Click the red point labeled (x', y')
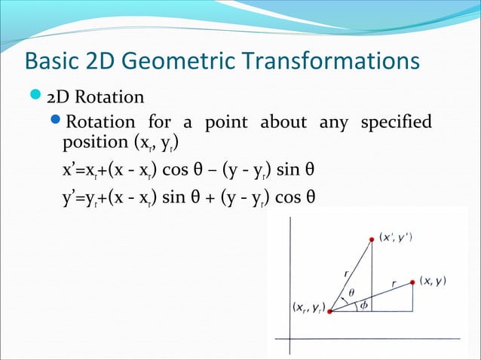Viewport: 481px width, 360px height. coord(372,239)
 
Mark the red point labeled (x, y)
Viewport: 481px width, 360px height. coord(413,282)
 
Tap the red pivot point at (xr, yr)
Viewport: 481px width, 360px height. coord(330,310)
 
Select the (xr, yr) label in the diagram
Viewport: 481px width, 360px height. coord(308,308)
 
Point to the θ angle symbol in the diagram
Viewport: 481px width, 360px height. coord(351,294)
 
